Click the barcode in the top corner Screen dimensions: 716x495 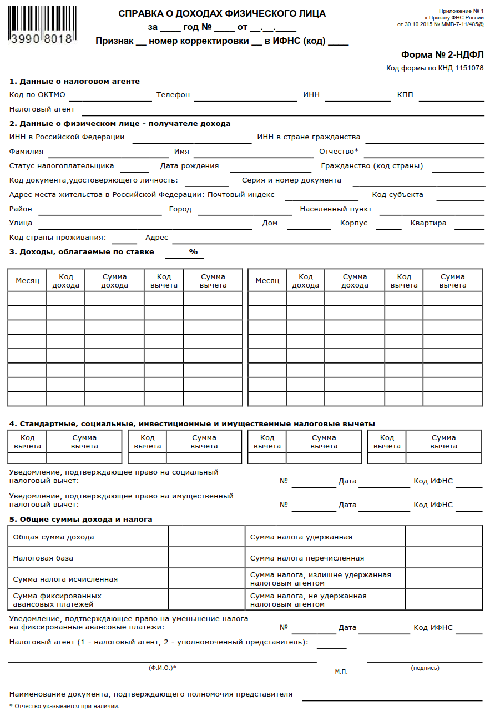(x=42, y=25)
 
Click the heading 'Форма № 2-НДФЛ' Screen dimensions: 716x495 (x=442, y=54)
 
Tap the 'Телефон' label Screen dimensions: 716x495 (x=173, y=95)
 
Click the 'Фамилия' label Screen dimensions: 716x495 (x=26, y=152)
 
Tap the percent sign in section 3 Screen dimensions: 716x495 (x=193, y=252)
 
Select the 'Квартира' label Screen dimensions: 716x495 (x=428, y=223)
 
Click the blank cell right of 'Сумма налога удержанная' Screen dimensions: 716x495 (x=443, y=537)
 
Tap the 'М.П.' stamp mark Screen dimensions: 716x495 (x=341, y=672)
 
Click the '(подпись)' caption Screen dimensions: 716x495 (x=425, y=668)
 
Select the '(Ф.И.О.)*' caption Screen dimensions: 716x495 (x=162, y=668)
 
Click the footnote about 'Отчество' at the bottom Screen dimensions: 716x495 (x=64, y=706)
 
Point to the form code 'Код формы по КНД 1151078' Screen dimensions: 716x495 (x=435, y=68)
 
